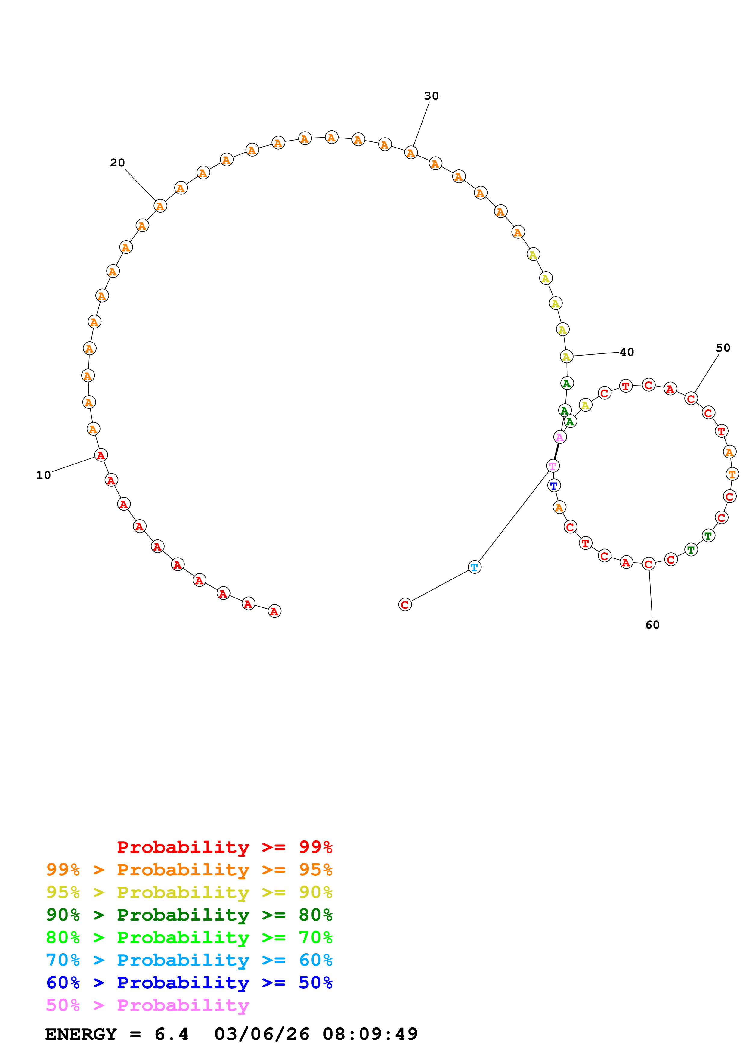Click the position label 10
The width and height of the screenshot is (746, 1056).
(44, 475)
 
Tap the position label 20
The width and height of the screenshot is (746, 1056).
(117, 163)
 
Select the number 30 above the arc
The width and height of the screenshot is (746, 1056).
(431, 96)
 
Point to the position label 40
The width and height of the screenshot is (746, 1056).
(627, 352)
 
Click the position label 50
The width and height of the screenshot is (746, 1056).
(723, 348)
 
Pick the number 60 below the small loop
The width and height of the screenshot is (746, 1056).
(652, 625)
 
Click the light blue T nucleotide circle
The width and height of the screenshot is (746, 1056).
(474, 567)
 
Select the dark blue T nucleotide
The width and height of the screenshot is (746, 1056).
(554, 485)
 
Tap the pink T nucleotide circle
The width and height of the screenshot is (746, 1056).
(553, 466)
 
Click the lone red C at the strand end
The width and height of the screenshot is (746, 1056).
(404, 605)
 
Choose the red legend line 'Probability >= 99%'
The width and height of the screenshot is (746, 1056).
(224, 847)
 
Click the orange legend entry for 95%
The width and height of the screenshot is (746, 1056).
(189, 870)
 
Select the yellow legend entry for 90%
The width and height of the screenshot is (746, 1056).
(189, 892)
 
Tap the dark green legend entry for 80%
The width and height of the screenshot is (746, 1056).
(189, 915)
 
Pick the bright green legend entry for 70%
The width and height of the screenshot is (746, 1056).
(189, 937)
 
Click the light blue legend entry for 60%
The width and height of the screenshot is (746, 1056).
(189, 960)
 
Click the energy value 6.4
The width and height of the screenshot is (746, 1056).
(172, 1034)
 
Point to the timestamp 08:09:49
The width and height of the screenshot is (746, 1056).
(370, 1034)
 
